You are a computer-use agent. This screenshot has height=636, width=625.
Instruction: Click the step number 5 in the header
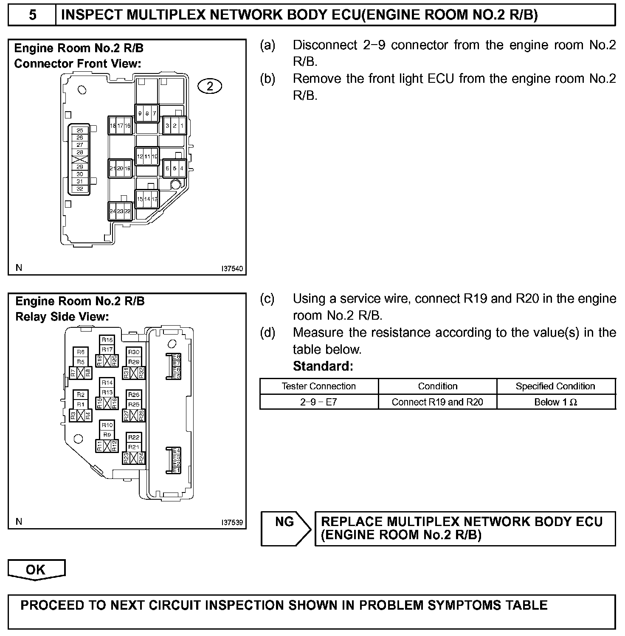pos(32,15)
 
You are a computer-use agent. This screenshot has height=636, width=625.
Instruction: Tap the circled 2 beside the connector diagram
pos(210,86)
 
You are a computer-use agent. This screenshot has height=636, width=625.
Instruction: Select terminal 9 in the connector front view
pos(140,113)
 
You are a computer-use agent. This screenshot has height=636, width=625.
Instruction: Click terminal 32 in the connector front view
pos(80,189)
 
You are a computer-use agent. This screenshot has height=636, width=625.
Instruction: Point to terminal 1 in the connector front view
pos(182,126)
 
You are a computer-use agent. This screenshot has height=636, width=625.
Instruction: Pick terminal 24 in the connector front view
pos(113,211)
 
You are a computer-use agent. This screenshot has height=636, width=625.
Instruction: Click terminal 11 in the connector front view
pos(147,156)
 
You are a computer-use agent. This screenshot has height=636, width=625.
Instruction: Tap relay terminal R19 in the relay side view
pos(100,361)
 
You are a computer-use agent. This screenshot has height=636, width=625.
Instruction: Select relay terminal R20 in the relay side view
pos(115,361)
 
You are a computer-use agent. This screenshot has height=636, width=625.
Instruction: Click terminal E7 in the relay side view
pos(177,363)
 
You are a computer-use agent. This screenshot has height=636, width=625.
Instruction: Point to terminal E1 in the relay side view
pos(176,470)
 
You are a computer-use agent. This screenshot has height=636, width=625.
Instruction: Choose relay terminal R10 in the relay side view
pos(107,425)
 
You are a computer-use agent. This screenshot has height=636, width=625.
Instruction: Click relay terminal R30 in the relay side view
pos(134,352)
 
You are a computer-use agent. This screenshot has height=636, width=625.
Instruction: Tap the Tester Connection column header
pos(318,386)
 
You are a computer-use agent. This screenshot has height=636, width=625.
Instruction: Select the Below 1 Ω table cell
pos(556,402)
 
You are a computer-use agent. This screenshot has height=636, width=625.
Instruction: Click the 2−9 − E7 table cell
pos(318,402)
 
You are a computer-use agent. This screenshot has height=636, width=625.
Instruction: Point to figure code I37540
pos(232,269)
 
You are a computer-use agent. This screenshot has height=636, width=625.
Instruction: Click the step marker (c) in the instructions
pos(267,299)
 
